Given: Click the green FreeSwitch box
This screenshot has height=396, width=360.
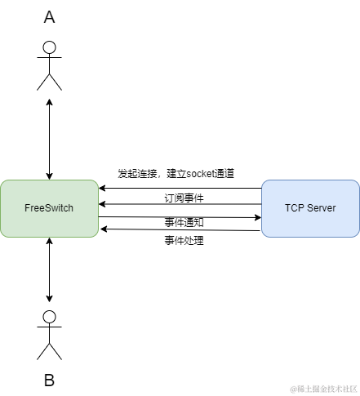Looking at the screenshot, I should point(49,208).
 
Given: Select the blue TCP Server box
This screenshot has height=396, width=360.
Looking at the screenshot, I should point(310,208).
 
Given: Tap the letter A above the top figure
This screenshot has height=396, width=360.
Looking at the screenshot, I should point(50,18).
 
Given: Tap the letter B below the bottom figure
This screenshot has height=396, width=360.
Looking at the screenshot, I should point(50,380).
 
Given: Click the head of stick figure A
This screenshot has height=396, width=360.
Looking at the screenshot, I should point(50,47).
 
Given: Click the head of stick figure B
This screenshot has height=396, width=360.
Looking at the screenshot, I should point(50,318).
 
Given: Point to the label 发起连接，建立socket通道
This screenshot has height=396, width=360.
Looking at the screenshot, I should point(176,174).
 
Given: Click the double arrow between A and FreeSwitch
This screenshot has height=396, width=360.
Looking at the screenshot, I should point(50,139).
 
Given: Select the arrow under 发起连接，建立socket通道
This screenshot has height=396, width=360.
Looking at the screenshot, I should point(180,188).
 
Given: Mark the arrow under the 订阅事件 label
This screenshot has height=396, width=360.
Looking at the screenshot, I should point(180,205).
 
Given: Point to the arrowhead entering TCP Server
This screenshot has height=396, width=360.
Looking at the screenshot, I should point(257,217).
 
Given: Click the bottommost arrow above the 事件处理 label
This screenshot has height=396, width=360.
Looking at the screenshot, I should point(180,230).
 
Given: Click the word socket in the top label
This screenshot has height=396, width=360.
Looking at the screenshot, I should point(201,174).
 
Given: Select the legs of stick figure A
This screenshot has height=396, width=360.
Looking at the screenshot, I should point(50,81).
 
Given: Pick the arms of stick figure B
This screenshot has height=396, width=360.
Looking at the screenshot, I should point(50,331).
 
